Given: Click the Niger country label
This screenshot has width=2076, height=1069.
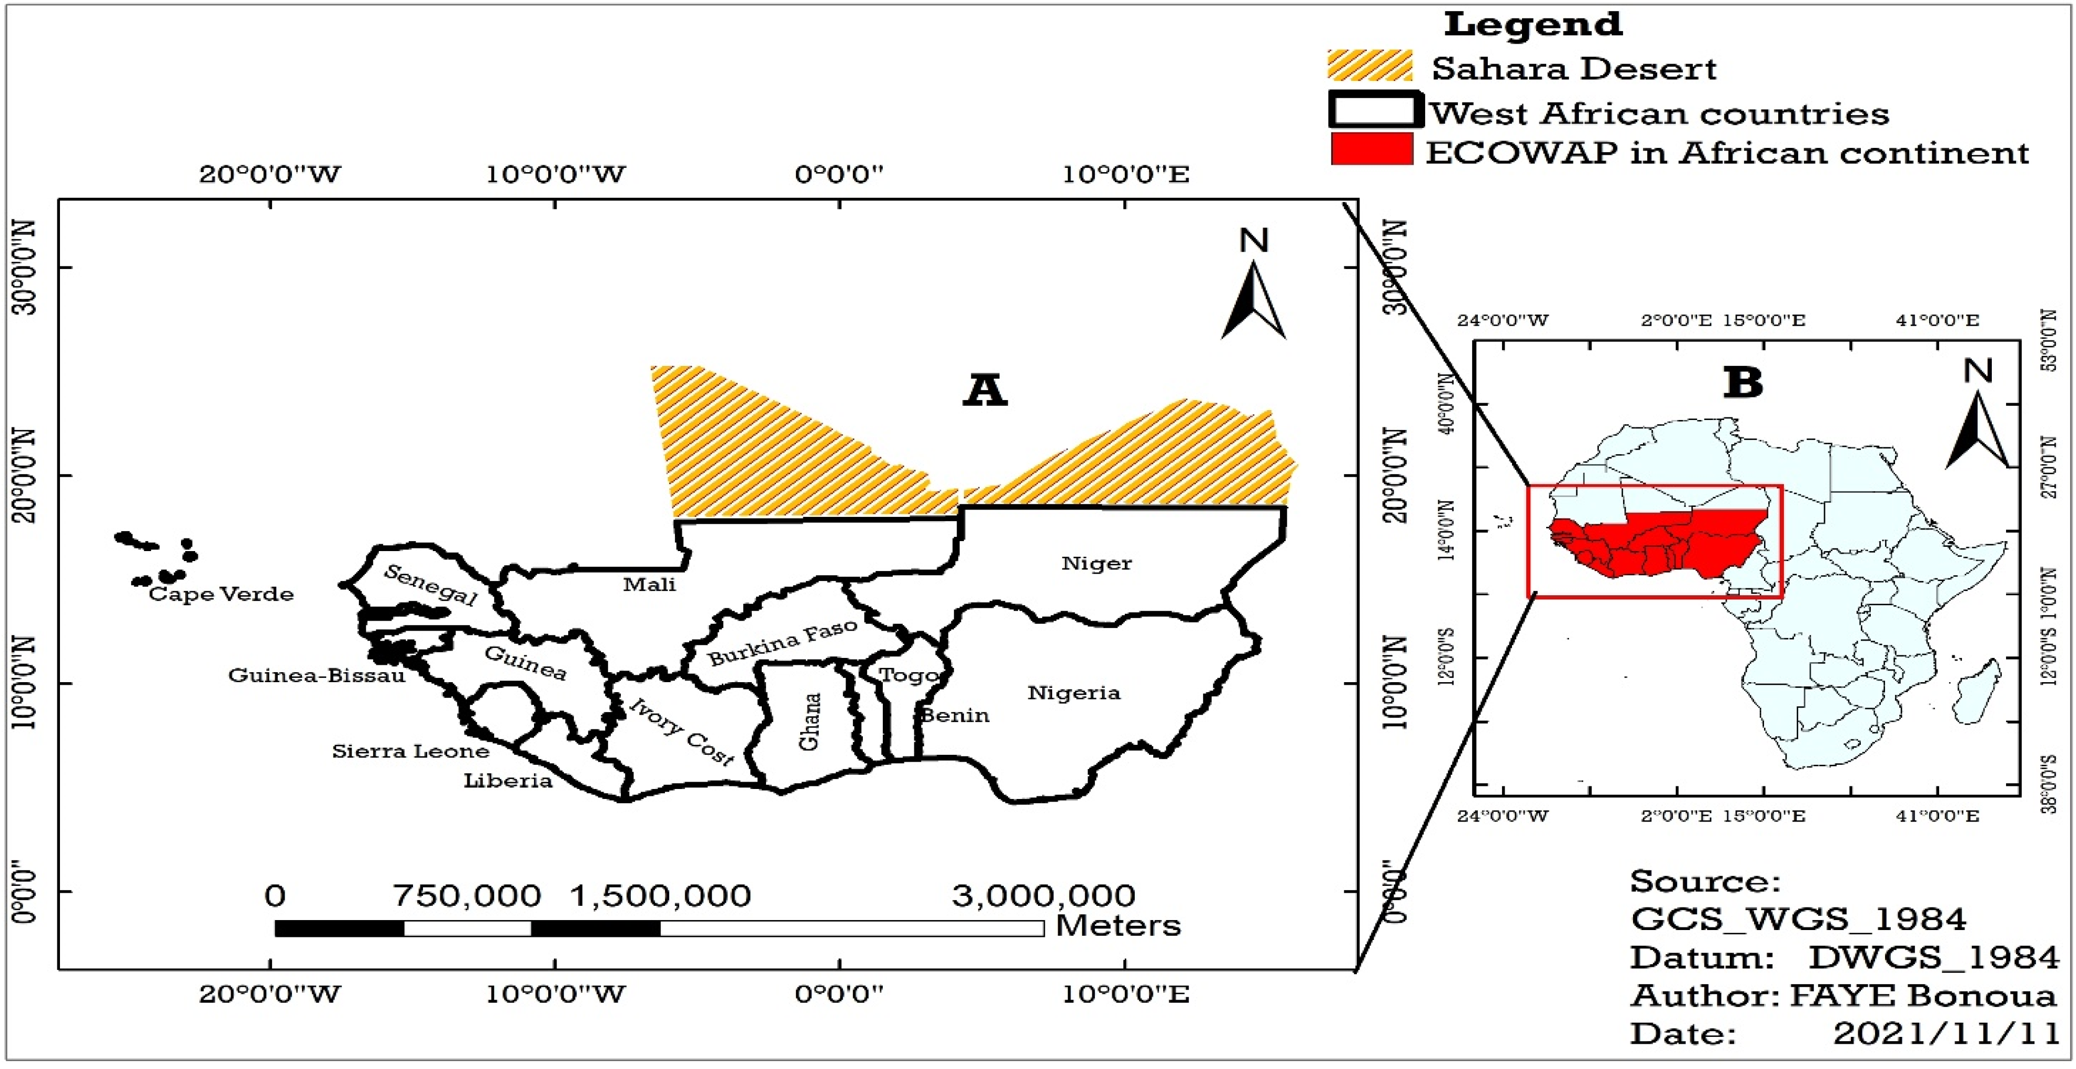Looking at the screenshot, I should (x=1096, y=563).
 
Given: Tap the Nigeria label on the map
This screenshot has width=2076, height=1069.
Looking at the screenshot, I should (x=1073, y=693).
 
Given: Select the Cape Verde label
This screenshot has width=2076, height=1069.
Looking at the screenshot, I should (x=221, y=594).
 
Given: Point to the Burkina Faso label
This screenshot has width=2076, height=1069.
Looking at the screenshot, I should (x=782, y=643).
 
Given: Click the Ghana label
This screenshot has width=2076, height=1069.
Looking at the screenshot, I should (x=809, y=722).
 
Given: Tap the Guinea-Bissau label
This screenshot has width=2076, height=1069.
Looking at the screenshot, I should (x=316, y=675).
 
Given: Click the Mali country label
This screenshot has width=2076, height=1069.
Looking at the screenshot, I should (x=649, y=584).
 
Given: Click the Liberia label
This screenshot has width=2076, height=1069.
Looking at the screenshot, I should (x=508, y=781).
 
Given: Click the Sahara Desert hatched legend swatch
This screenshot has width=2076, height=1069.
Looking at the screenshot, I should (x=1369, y=65).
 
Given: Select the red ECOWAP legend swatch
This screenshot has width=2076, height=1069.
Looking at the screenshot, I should (x=1371, y=149).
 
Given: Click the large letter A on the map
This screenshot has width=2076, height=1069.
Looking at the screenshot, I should (x=985, y=391).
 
